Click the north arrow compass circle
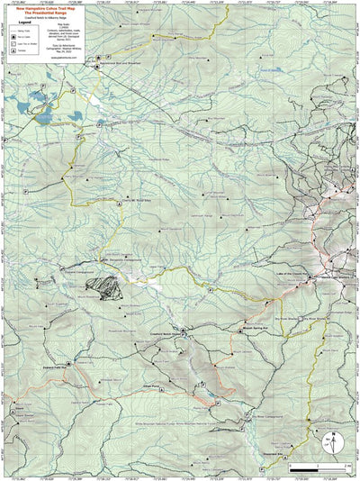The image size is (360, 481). click(331, 440)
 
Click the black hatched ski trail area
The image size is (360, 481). click(107, 287)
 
